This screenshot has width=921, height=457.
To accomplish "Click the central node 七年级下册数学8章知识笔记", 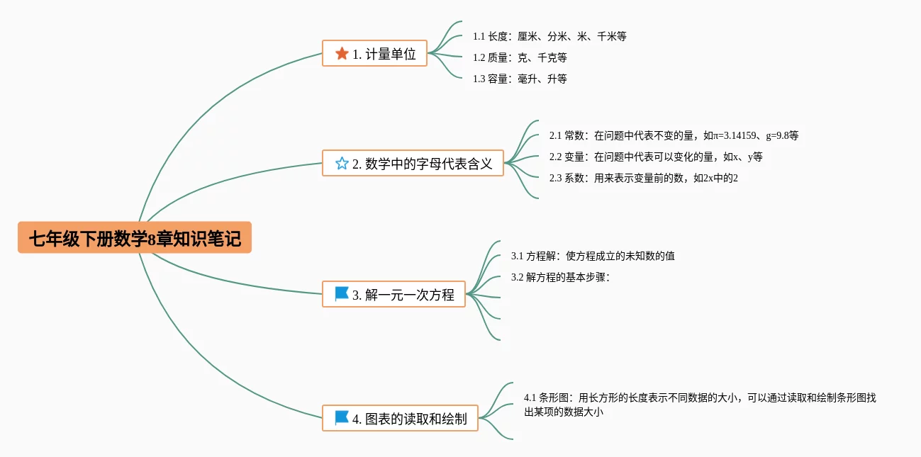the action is (x=135, y=239).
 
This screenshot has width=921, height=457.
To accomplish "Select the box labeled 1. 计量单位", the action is (x=374, y=53).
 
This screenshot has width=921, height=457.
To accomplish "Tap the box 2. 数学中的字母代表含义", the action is (x=413, y=164).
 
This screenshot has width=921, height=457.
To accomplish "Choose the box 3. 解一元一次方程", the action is (x=393, y=294).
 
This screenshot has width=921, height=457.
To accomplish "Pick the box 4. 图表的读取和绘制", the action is (x=400, y=419).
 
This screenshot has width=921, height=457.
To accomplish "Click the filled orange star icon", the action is (x=342, y=53).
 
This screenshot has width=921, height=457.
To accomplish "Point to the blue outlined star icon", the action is (x=342, y=164).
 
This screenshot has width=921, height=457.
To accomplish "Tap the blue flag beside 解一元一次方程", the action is (x=342, y=294).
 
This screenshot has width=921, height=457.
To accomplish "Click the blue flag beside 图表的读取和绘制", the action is (x=342, y=418).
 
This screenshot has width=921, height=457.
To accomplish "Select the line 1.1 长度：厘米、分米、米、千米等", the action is (x=549, y=36).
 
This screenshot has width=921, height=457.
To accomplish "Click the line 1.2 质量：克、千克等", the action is (x=520, y=57).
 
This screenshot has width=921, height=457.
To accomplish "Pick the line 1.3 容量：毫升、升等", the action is (x=520, y=79).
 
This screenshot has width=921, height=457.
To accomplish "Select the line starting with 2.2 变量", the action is (x=655, y=157).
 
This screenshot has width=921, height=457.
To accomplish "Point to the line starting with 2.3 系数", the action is (x=643, y=178).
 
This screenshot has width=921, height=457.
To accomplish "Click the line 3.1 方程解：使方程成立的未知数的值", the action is (x=593, y=256).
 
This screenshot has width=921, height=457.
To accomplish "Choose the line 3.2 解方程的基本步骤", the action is (x=560, y=277).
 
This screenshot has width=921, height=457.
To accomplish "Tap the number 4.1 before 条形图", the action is (x=530, y=397).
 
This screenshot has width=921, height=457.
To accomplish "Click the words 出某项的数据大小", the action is (x=564, y=412).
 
